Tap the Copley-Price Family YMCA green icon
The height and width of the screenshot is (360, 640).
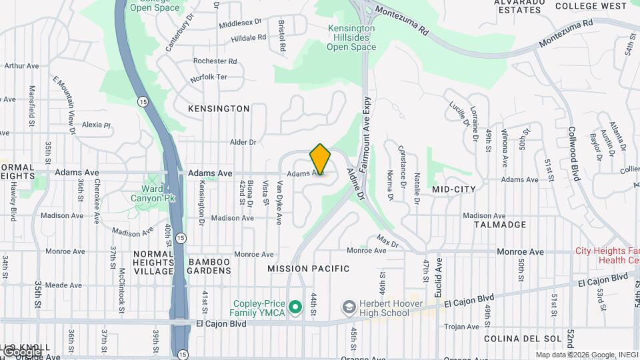click(x=295, y=307)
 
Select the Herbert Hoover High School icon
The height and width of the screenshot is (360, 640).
click(x=348, y=307)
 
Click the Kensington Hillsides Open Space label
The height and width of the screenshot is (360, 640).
click(x=351, y=38)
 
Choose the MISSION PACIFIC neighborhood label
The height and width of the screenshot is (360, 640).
click(x=308, y=269)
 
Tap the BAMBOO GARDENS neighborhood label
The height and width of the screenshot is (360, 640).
click(x=209, y=266)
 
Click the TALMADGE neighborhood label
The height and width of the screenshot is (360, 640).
click(x=500, y=225)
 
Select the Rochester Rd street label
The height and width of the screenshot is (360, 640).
click(x=215, y=61)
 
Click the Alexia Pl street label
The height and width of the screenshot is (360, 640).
click(x=95, y=125)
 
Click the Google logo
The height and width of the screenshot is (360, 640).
click(x=22, y=351)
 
